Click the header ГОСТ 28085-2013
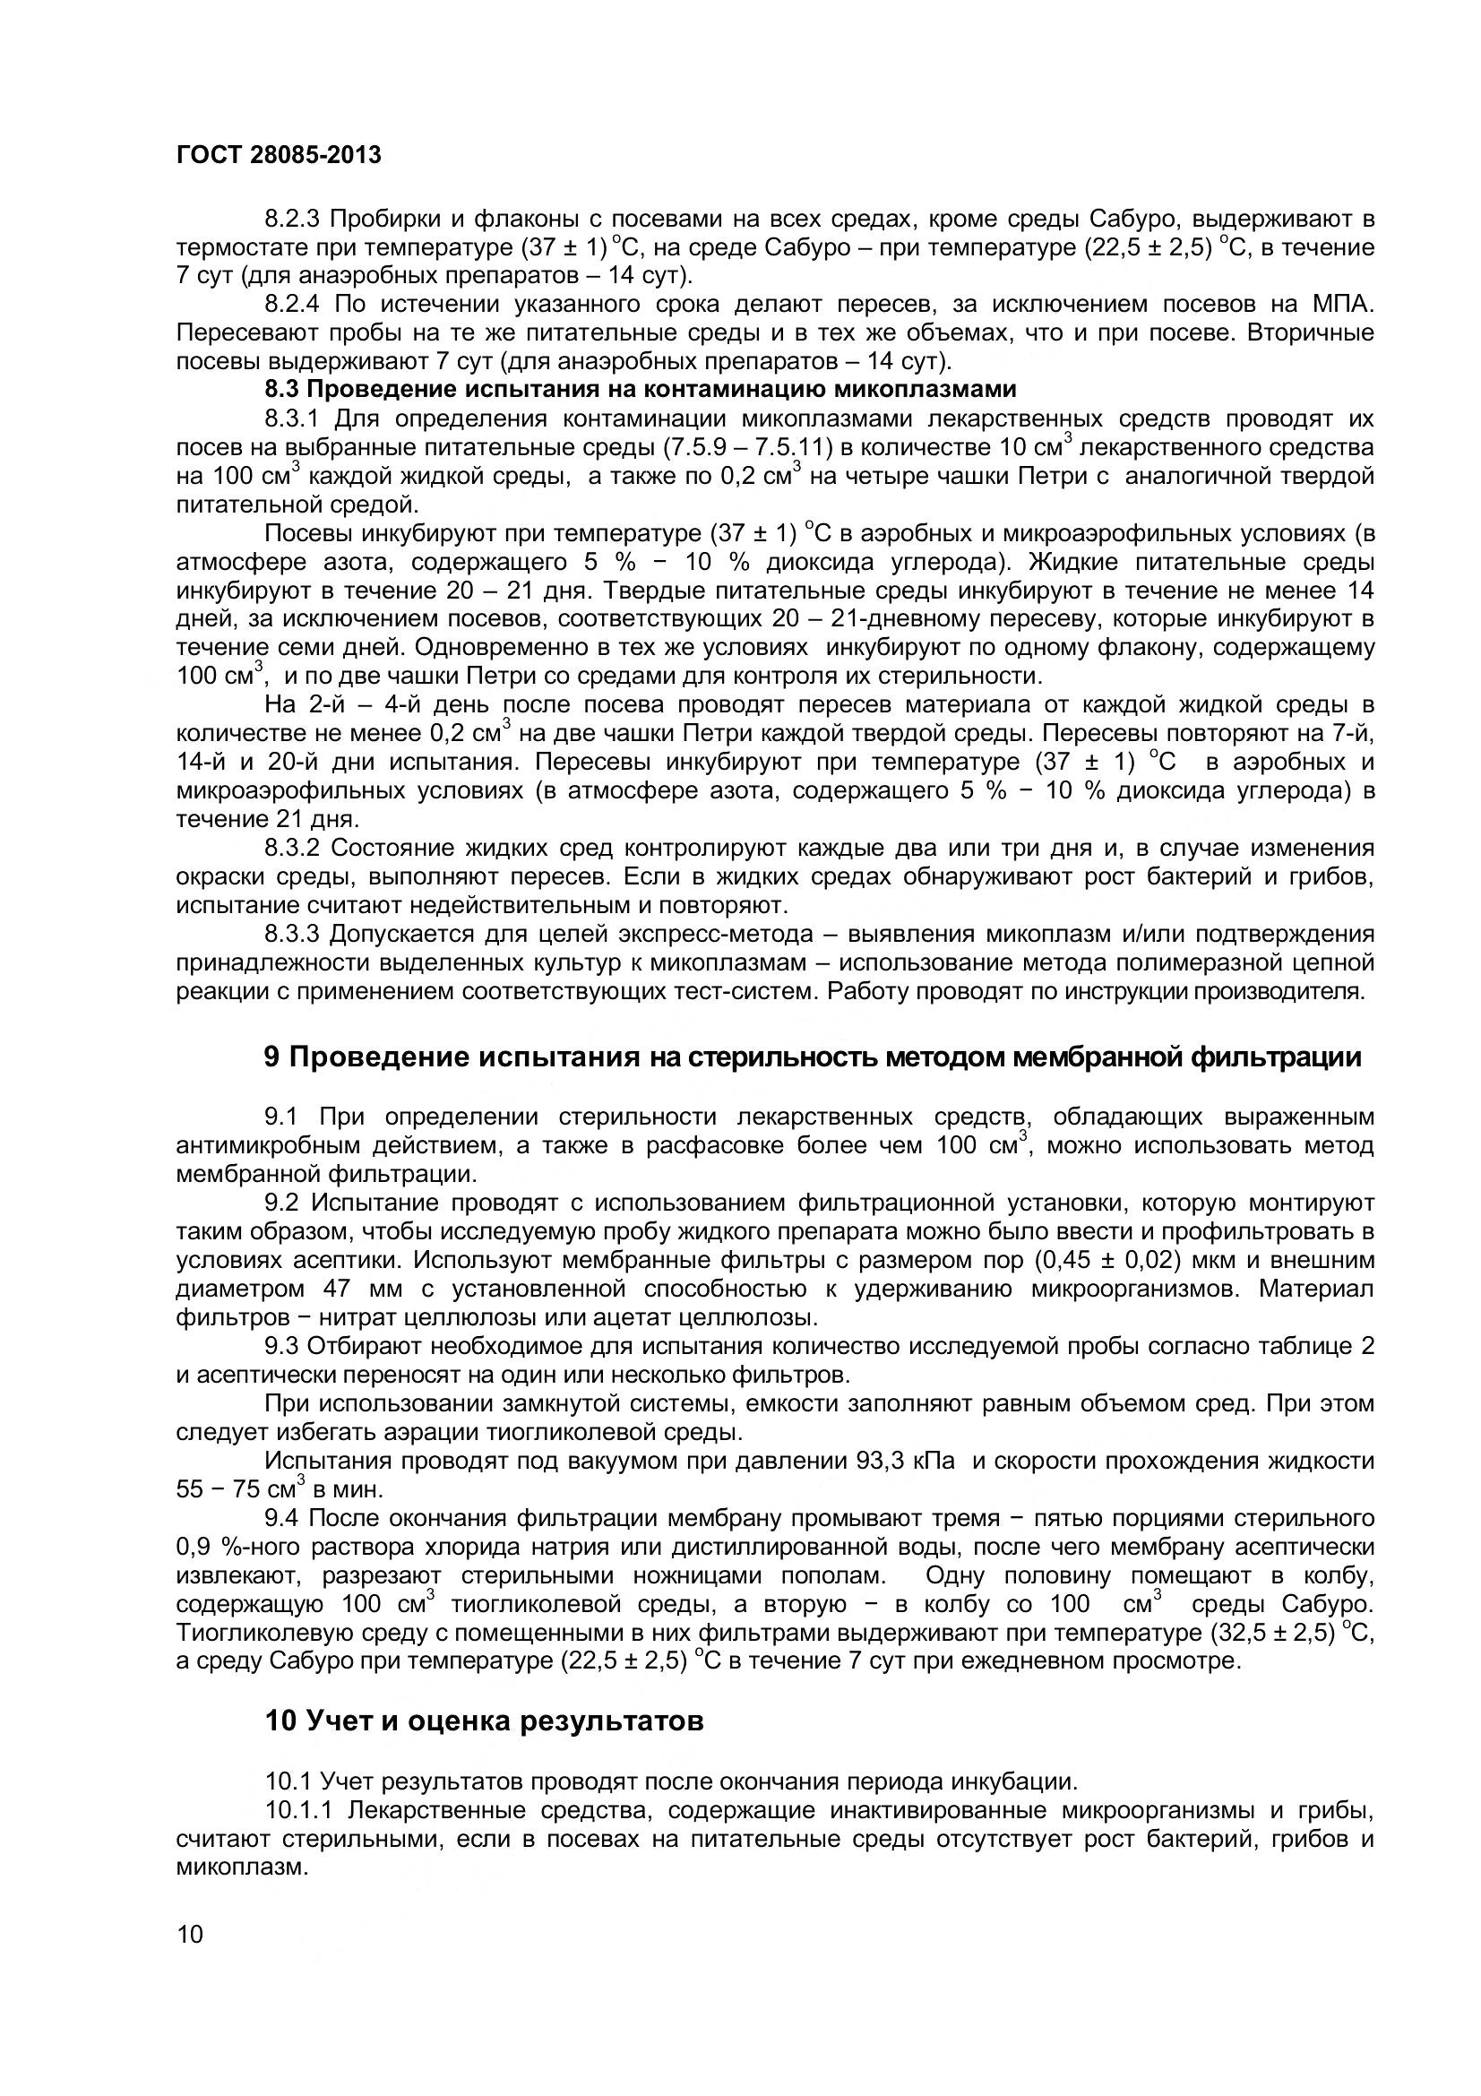[279, 155]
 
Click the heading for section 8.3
[640, 390]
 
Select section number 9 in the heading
[271, 1057]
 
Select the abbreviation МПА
[1343, 304]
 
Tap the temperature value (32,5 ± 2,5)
[1271, 1634]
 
